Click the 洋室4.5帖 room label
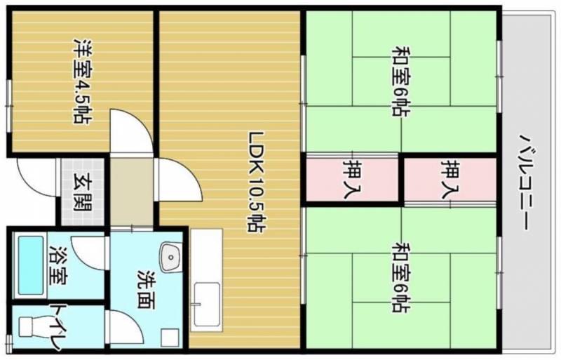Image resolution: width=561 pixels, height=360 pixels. click(81, 80)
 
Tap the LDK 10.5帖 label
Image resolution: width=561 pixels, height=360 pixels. click(256, 182)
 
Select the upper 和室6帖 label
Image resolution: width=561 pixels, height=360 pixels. click(401, 81)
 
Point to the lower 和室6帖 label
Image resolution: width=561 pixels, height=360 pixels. click(401, 277)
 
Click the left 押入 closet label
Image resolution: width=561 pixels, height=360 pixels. click(353, 178)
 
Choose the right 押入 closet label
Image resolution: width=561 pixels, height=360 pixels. click(450, 178)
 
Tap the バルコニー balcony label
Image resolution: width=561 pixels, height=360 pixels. click(527, 182)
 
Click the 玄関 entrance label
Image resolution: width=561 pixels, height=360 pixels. click(83, 192)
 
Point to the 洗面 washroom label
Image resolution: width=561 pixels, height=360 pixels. click(147, 288)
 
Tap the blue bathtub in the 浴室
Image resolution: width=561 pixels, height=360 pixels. click(30, 265)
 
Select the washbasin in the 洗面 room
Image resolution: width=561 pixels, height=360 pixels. click(170, 258)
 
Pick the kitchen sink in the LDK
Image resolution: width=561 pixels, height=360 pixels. click(206, 302)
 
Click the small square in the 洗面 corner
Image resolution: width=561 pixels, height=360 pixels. click(170, 337)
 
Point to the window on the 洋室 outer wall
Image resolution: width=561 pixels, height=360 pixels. click(9, 106)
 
